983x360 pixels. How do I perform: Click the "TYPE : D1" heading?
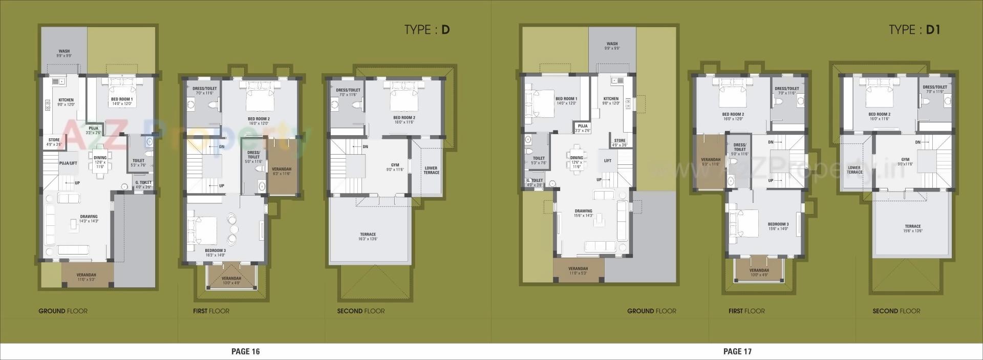click(x=914, y=30)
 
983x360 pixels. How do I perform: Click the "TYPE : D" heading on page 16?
click(x=426, y=30)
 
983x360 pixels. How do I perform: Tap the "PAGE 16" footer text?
click(x=246, y=351)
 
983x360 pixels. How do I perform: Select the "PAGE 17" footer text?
click(x=737, y=351)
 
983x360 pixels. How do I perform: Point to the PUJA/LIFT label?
click(x=68, y=163)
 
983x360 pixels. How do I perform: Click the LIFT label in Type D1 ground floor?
click(x=608, y=161)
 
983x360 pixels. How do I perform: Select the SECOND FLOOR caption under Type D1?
click(x=896, y=311)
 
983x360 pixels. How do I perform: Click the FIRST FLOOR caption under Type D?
click(x=211, y=311)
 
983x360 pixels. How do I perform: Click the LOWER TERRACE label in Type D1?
click(x=854, y=170)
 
